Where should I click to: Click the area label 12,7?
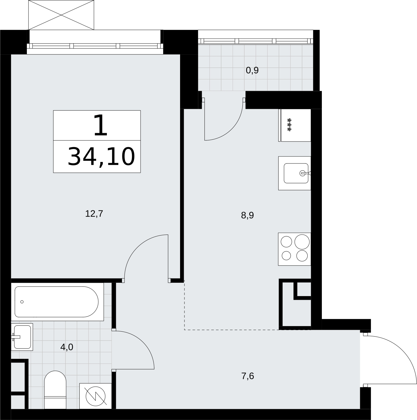(94, 214)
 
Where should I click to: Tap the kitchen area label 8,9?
(247, 215)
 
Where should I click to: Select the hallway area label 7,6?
(247, 376)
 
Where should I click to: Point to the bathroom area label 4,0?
(67, 347)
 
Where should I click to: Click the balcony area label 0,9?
(252, 70)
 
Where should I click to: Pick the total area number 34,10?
(101, 157)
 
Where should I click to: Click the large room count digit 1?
(100, 125)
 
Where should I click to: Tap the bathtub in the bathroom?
(57, 302)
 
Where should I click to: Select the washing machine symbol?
(95, 396)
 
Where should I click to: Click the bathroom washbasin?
(22, 337)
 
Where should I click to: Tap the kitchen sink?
(294, 173)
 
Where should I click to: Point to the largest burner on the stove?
(302, 242)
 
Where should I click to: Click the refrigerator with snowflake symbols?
(295, 125)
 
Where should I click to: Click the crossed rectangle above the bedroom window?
(61, 15)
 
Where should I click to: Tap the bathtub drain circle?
(22, 302)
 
